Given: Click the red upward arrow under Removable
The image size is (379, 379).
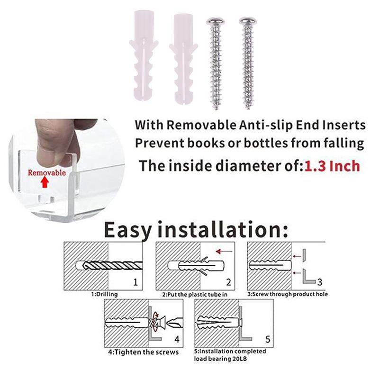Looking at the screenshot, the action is tap(44, 182).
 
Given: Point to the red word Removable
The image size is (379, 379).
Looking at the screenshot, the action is tap(46, 172).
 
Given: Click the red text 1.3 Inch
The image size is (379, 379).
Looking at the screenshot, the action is tap(332, 166).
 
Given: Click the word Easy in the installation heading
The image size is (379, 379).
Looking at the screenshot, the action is tap(128, 231).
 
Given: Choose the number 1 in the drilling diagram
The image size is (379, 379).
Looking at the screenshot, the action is tap(135, 282).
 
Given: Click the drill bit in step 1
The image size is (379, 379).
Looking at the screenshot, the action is tap(113, 266).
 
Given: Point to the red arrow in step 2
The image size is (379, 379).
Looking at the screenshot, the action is tap(224, 252).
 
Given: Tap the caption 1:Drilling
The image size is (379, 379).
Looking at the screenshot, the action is tap(104, 294).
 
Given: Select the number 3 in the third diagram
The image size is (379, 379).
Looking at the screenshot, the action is tap(320, 282).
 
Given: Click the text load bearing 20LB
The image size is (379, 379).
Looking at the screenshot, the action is tap(220, 359).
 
